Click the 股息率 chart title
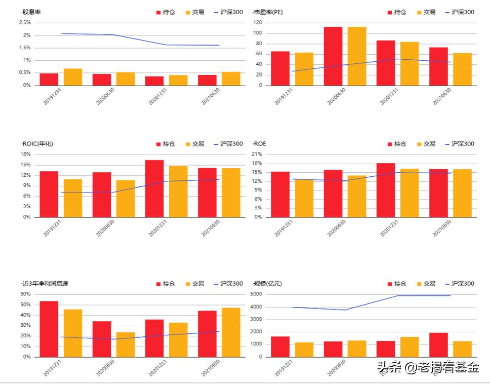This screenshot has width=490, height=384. click(x=31, y=12)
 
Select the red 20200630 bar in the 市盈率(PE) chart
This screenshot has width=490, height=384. click(x=333, y=56)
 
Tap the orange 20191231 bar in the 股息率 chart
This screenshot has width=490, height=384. click(x=73, y=77)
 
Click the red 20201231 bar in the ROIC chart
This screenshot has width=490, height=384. click(x=154, y=188)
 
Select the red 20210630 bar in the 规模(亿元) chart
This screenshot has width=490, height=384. click(x=438, y=344)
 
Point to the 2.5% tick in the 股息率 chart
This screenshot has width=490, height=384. click(x=25, y=23)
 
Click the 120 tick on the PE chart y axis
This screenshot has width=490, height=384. click(x=258, y=23)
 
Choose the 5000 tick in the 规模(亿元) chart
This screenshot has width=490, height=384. click(x=256, y=294)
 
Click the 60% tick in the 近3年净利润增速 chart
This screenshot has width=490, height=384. click(x=25, y=294)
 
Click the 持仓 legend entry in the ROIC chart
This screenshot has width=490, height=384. click(x=166, y=144)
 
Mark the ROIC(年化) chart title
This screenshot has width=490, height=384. click(x=37, y=144)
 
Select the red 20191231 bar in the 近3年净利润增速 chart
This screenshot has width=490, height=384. click(x=49, y=329)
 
